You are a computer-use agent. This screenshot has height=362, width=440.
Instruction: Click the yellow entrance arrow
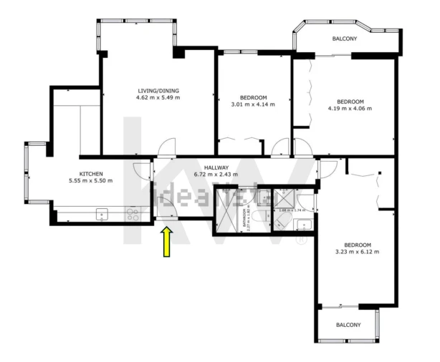(167, 242)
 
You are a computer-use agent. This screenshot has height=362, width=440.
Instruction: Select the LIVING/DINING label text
(158, 90)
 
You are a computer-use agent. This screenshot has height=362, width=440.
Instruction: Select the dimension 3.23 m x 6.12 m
(356, 251)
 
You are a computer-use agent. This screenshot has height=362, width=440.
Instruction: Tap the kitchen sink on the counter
(102, 212)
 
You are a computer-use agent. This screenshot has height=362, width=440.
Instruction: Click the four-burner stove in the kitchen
(133, 212)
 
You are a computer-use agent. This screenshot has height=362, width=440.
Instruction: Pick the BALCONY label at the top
(345, 39)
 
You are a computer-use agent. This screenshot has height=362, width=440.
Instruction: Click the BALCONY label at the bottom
(349, 326)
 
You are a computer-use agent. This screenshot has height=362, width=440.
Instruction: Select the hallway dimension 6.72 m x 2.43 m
(216, 175)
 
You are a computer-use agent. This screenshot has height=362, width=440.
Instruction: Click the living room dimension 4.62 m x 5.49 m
(158, 97)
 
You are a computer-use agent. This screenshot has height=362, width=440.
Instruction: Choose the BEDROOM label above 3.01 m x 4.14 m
(253, 97)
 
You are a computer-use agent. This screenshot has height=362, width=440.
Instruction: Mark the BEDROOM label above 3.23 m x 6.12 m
(356, 243)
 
